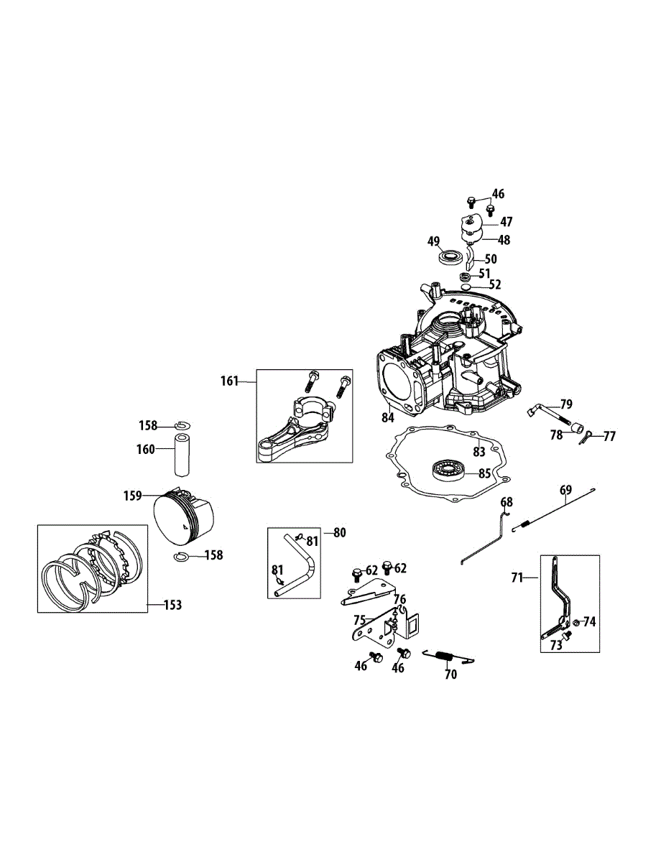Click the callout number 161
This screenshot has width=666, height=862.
(x=229, y=381)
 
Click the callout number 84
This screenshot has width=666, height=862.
(x=388, y=417)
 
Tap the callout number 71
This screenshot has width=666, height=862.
(x=517, y=577)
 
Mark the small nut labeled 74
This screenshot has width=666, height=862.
(x=577, y=621)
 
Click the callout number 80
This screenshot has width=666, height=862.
(x=340, y=532)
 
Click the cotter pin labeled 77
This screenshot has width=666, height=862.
(x=588, y=435)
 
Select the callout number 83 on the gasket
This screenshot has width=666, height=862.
(x=478, y=452)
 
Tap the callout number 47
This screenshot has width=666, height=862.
(x=507, y=222)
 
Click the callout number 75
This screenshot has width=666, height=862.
(x=359, y=618)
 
